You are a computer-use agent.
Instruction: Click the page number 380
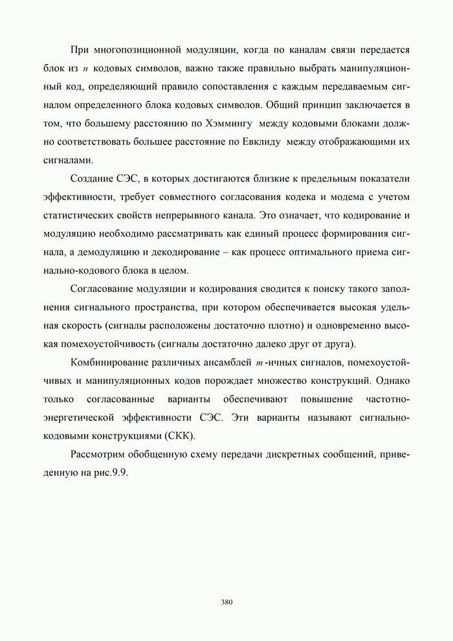[226, 602]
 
